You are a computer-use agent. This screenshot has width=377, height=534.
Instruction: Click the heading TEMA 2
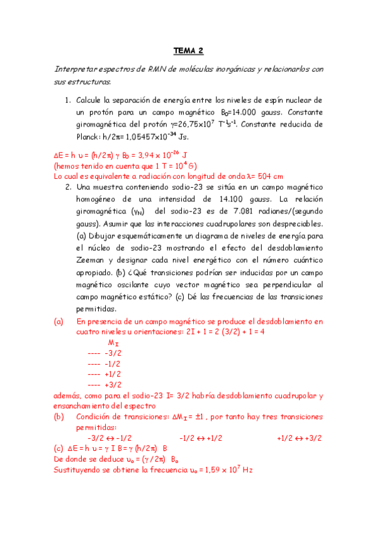click(x=189, y=52)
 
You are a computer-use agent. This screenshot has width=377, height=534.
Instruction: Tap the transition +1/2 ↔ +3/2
click(x=299, y=438)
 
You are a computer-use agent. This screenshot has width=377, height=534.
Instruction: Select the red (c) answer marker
click(x=60, y=448)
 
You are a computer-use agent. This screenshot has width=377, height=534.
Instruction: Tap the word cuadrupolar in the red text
click(x=291, y=395)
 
